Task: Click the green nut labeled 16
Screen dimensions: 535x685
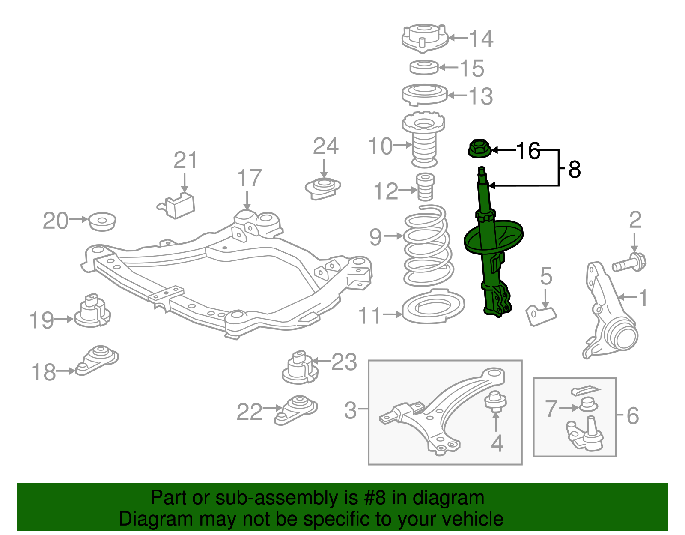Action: (x=479, y=148)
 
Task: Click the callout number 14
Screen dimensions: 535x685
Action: (x=481, y=39)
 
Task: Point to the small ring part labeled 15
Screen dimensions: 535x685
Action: (x=424, y=67)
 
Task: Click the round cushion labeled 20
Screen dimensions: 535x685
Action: (x=102, y=221)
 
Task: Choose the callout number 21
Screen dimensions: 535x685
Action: (x=185, y=161)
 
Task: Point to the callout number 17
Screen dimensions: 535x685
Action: (x=249, y=178)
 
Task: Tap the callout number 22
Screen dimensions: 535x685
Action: (x=249, y=412)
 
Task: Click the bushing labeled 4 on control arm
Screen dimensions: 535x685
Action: (x=495, y=400)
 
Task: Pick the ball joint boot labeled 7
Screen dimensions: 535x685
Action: (x=588, y=404)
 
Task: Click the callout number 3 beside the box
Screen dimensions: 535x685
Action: (x=350, y=410)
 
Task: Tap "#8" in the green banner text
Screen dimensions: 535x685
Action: (x=375, y=498)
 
